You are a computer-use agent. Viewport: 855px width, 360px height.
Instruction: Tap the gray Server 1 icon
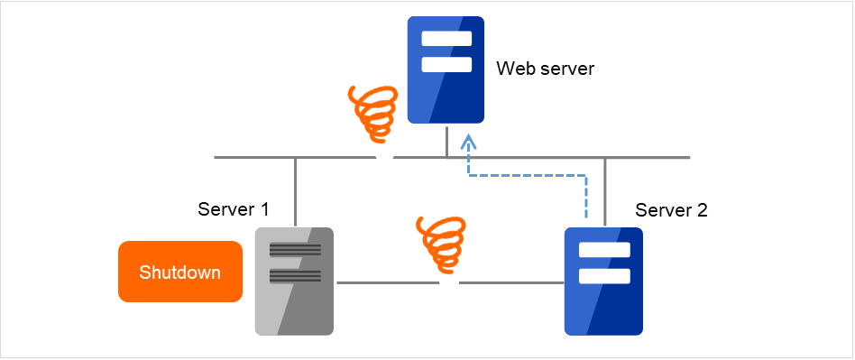tap(294, 281)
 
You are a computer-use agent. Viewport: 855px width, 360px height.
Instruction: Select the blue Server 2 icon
tap(603, 281)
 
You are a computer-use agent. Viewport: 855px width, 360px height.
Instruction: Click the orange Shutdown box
tap(179, 272)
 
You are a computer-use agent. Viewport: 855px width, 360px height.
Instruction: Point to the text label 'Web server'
tap(546, 69)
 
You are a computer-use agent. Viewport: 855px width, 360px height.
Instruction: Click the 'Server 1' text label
tap(234, 209)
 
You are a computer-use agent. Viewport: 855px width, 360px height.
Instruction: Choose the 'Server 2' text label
tap(671, 210)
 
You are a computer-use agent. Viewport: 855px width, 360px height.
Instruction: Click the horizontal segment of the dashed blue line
tap(527, 175)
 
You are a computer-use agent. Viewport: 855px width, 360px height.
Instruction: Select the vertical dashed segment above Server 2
tap(586, 198)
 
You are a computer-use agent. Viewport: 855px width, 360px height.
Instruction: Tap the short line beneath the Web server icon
tap(446, 140)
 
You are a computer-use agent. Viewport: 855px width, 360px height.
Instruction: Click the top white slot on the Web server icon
tap(446, 39)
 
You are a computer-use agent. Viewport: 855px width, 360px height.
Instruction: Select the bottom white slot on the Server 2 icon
tap(603, 275)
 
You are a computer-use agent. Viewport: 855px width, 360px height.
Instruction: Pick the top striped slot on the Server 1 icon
tap(294, 251)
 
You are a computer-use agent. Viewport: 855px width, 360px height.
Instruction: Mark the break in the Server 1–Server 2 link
tap(449, 282)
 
